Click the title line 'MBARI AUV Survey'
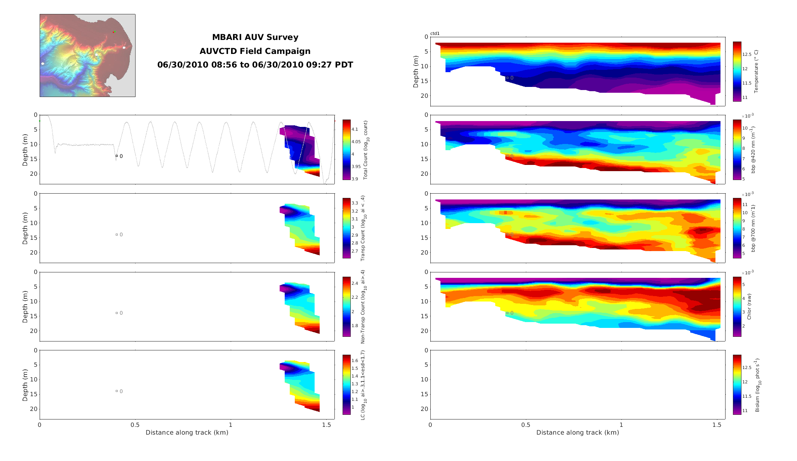pyautogui.click(x=255, y=38)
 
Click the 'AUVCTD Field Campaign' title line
pyautogui.click(x=255, y=51)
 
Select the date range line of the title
pyautogui.click(x=255, y=65)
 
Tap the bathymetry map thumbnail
pyautogui.click(x=87, y=55)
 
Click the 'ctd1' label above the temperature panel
pyautogui.click(x=435, y=34)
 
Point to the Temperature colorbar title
pyautogui.click(x=756, y=71)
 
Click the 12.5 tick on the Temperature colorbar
pyautogui.click(x=747, y=54)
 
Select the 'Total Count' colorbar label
pyautogui.click(x=365, y=150)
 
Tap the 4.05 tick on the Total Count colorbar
pyautogui.click(x=356, y=142)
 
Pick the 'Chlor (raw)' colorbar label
pyautogui.click(x=749, y=307)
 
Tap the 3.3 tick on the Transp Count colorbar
pyautogui.click(x=355, y=203)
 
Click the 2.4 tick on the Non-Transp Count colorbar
pyautogui.click(x=355, y=283)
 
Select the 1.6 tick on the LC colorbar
pyautogui.click(x=355, y=360)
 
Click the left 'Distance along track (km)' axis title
pyautogui.click(x=187, y=433)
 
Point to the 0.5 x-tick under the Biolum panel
pyautogui.click(x=526, y=425)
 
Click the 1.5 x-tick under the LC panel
pyautogui.click(x=326, y=425)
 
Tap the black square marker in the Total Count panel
pyautogui.click(x=117, y=156)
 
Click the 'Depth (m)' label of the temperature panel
pyautogui.click(x=416, y=71)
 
